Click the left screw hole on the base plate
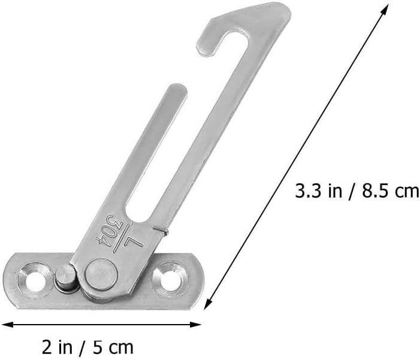[x=34, y=281]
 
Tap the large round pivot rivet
[x=101, y=274]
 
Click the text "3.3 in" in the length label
[x=319, y=190]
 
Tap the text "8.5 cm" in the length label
[x=390, y=190]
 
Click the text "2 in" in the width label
[x=57, y=347]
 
